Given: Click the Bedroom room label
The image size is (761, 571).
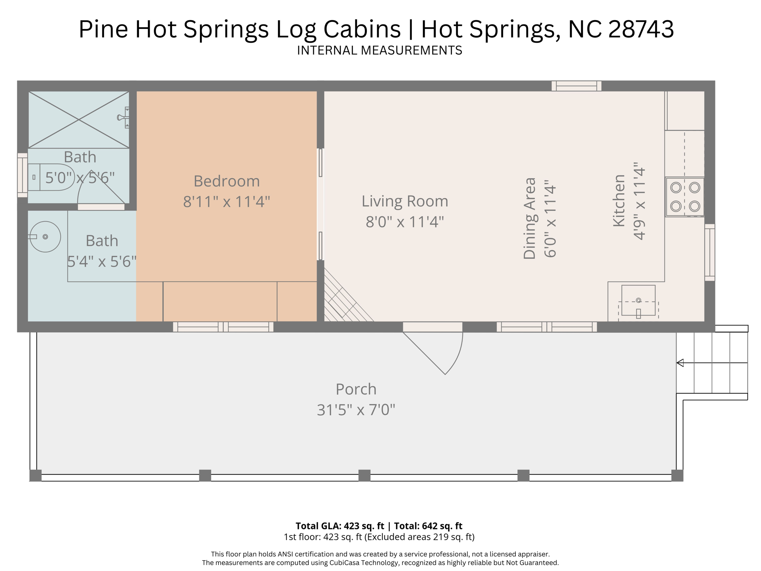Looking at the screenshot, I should click(x=227, y=181).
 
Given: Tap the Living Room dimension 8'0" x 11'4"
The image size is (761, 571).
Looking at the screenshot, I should click(x=405, y=222).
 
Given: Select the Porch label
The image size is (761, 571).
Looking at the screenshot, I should click(x=356, y=389).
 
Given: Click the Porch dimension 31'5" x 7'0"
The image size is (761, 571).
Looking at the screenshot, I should click(x=356, y=410).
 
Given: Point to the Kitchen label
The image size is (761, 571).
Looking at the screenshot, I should click(x=619, y=201).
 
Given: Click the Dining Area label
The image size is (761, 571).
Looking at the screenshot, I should click(x=530, y=218).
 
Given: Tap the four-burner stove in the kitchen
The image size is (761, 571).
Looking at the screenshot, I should click(x=684, y=197).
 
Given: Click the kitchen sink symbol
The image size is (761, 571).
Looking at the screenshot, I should click(x=638, y=300).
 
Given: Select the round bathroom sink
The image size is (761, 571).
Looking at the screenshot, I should click(x=45, y=237).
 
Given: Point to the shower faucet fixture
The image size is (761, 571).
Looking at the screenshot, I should click(x=124, y=117).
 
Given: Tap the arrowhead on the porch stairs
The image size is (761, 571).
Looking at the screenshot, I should click(x=680, y=363).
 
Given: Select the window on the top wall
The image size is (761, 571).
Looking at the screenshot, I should click(x=576, y=86).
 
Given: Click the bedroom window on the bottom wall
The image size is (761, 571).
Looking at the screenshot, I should click(x=223, y=327).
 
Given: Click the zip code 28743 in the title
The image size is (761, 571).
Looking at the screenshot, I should click(x=641, y=29).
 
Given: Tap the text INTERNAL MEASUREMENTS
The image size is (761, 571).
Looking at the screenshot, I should click(x=379, y=51).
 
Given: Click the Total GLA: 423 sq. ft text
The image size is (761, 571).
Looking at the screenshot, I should click(x=340, y=526).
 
